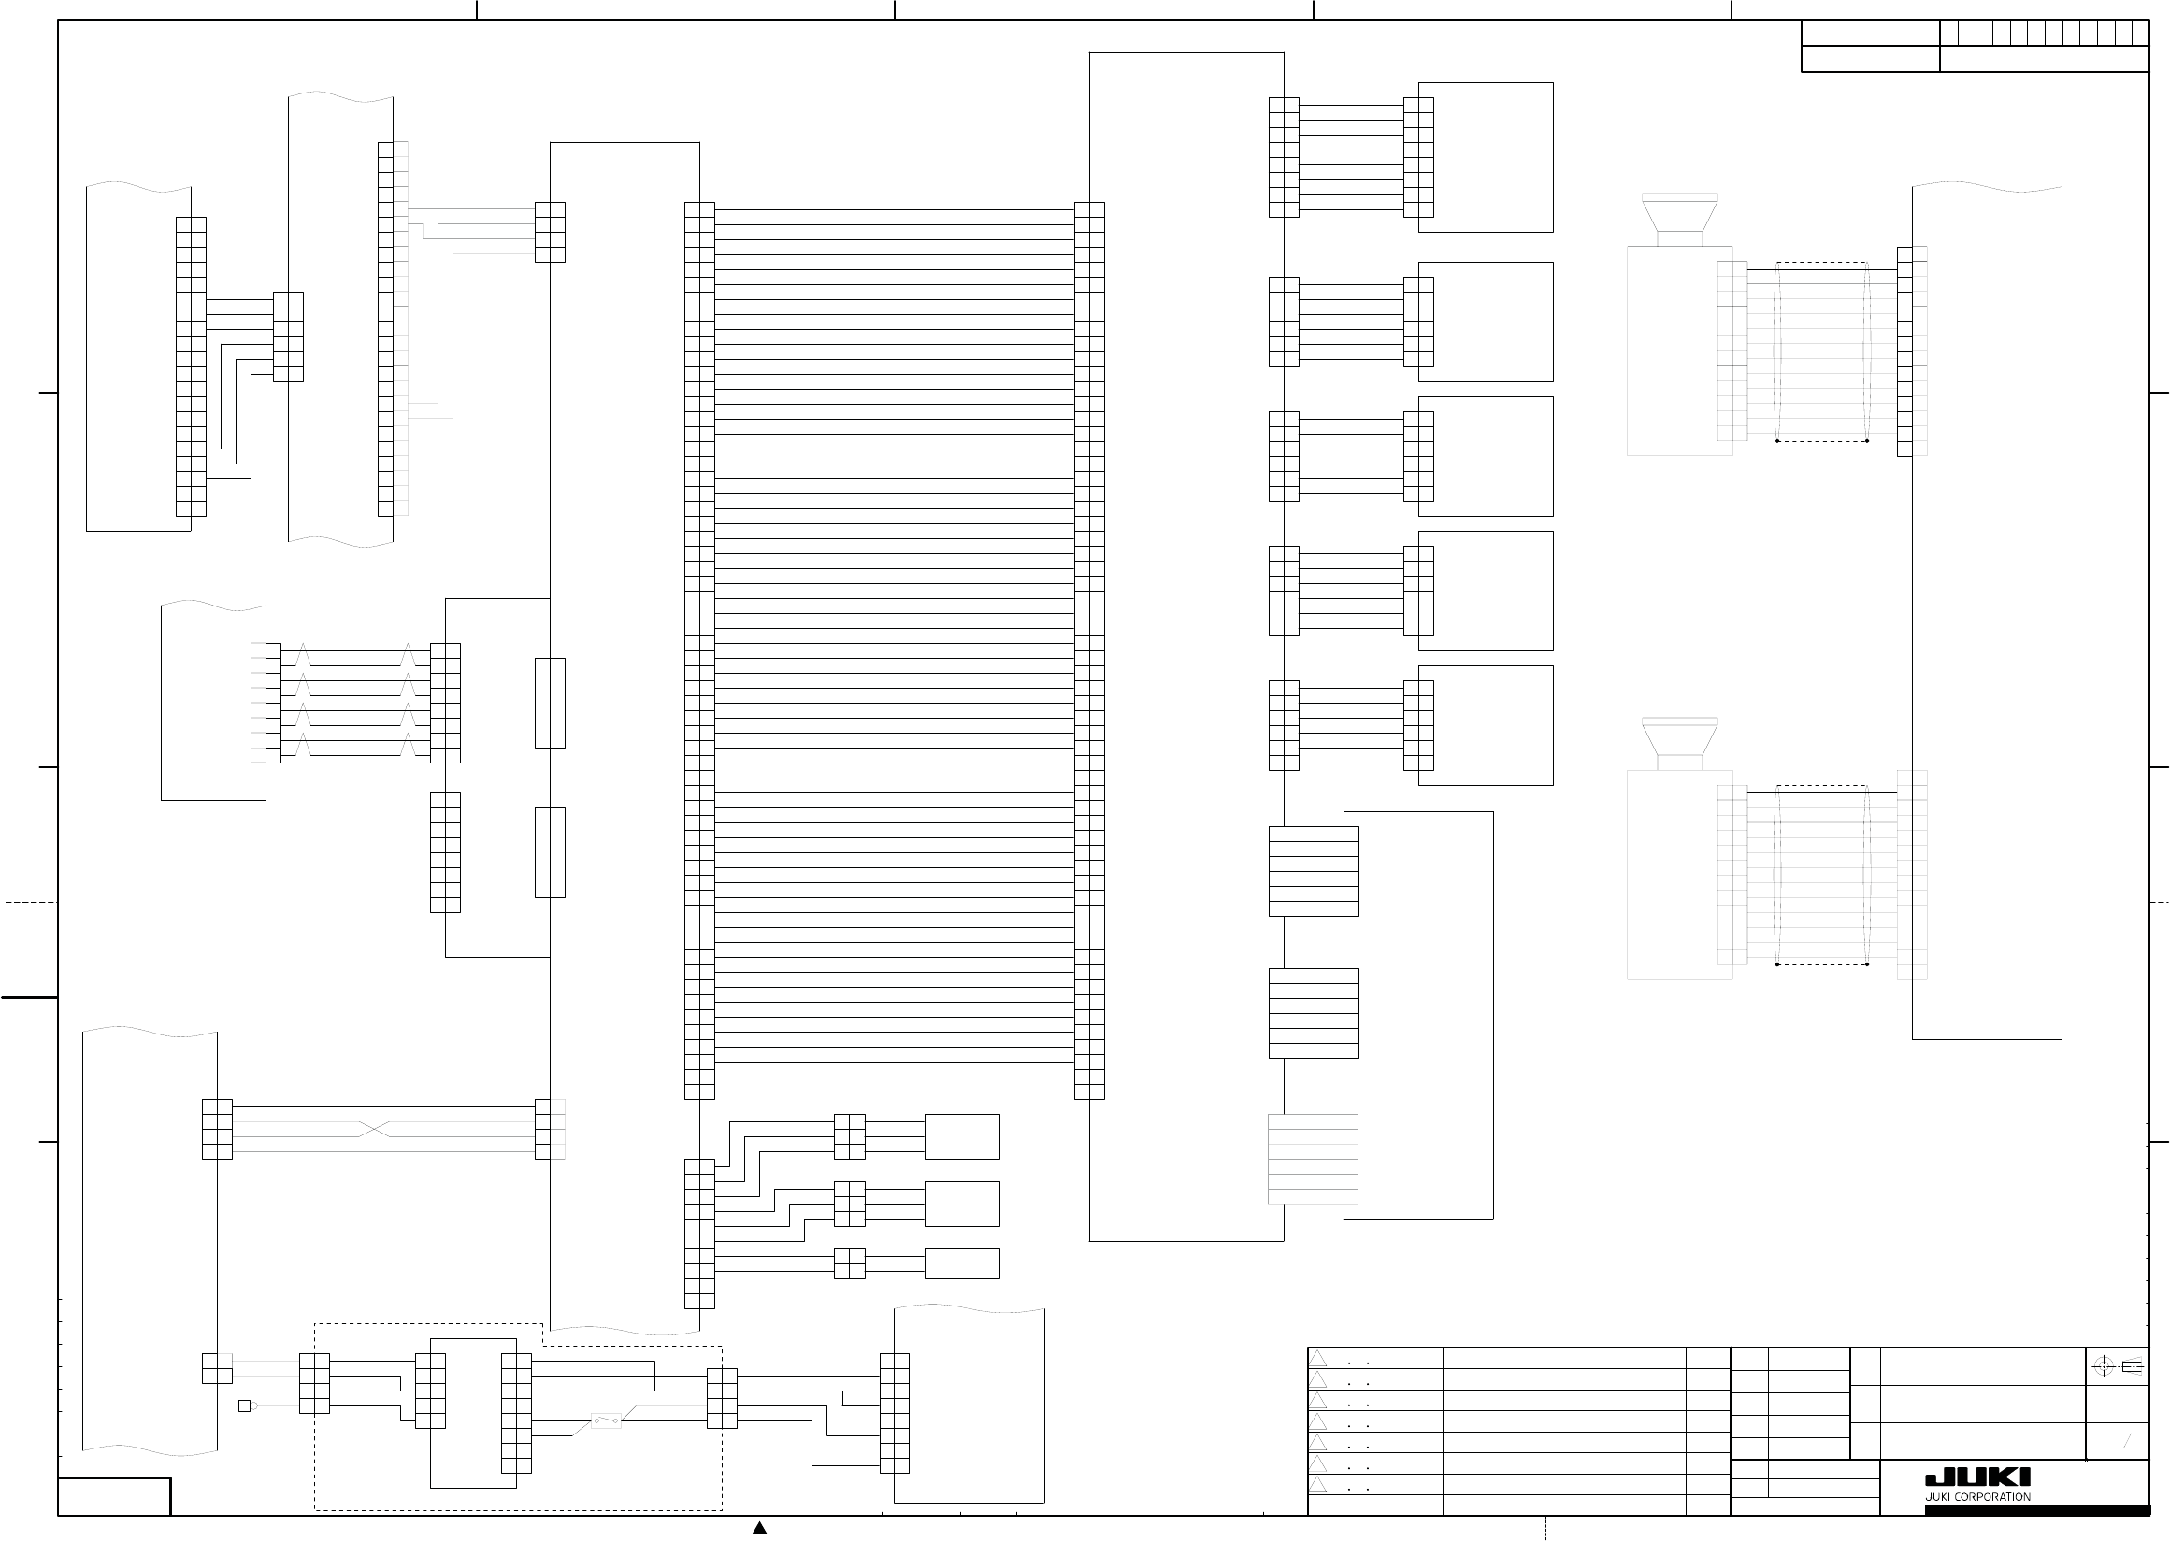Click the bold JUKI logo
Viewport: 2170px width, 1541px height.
pos(1977,1477)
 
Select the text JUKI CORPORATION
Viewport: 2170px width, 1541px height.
pos(1977,1496)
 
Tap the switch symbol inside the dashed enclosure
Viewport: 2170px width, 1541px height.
pos(607,1420)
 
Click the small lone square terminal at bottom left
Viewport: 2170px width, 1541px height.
pos(244,1405)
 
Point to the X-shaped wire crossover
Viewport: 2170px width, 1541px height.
pos(375,1129)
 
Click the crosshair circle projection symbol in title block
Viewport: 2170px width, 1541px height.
pos(2103,1366)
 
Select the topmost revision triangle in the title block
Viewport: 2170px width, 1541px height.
pos(1318,1359)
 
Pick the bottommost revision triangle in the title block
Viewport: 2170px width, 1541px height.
pos(1318,1484)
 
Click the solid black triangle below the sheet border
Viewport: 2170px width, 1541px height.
pos(759,1528)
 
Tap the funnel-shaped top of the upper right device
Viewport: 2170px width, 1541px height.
pos(1679,213)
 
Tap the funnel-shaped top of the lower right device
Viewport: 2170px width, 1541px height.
pos(1679,736)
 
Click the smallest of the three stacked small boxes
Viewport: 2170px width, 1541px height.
pos(962,1264)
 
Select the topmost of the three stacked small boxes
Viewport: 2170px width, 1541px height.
pos(962,1136)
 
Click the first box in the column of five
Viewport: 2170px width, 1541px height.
pos(1486,158)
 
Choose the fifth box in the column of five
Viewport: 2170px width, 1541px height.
pos(1486,726)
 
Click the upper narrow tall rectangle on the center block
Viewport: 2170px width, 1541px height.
pos(551,703)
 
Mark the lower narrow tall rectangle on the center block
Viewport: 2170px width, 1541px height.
pos(551,852)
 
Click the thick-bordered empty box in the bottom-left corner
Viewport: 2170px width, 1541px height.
pos(114,1496)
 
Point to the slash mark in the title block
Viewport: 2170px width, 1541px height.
pos(2127,1442)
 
